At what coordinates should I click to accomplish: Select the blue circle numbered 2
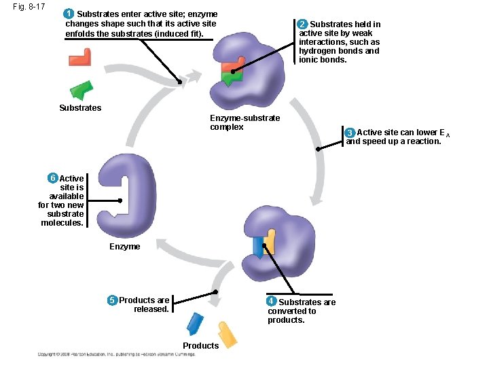point(304,24)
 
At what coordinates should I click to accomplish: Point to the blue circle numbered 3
point(350,132)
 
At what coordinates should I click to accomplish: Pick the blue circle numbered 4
point(271,300)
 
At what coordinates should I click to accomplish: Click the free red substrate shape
point(80,57)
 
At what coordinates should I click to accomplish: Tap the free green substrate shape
point(82,90)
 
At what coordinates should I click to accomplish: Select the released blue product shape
point(195,323)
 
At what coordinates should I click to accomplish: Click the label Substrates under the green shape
point(80,108)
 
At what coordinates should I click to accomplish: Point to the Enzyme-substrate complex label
point(244,122)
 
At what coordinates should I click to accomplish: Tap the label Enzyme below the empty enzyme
point(124,246)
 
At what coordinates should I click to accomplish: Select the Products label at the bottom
point(200,345)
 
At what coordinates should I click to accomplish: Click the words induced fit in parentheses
point(174,33)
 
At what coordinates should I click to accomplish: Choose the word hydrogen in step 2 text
point(317,51)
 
